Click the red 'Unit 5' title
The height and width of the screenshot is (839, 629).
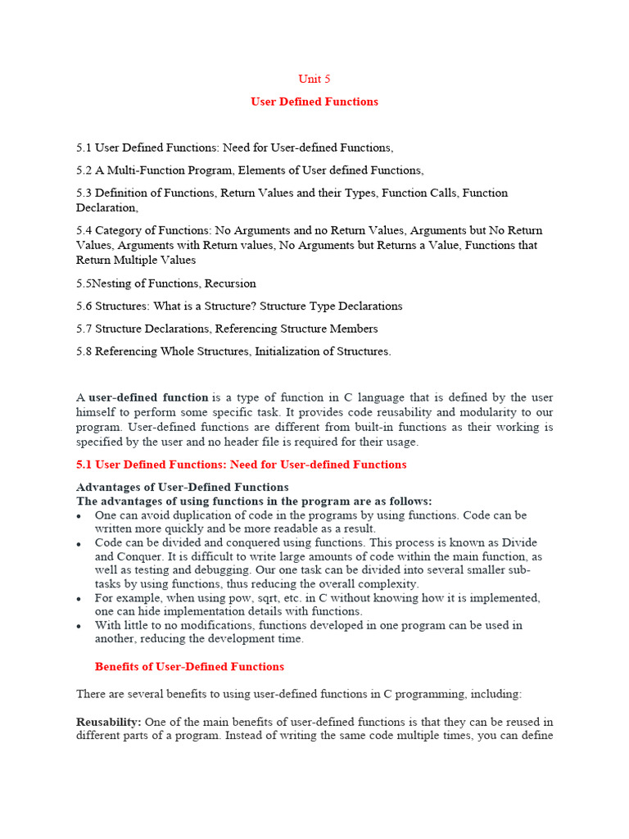pos(314,79)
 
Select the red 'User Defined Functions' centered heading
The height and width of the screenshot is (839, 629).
pos(314,102)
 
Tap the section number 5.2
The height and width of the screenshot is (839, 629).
pos(84,170)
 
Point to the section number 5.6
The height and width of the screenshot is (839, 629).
pos(84,306)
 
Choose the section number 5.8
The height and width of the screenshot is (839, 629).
pos(84,351)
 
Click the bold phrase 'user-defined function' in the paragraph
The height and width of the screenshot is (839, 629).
pos(148,397)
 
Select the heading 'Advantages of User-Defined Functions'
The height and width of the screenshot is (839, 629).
pos(183,488)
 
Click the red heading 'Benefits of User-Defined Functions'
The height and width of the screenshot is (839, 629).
pos(189,667)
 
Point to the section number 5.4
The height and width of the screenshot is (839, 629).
pos(84,230)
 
